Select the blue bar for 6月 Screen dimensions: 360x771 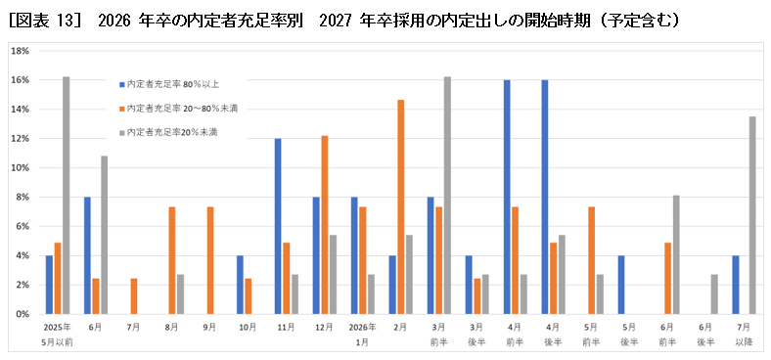coord(87,255)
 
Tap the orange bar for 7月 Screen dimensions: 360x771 coord(134,296)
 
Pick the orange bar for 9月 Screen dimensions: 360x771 coord(210,260)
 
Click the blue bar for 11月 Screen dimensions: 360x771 coord(278,226)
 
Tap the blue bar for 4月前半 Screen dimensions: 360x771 coord(507,197)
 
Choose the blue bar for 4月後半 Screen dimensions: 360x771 coord(545,197)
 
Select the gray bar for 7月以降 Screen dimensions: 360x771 coord(753,215)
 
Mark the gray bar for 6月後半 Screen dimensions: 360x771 coord(715,294)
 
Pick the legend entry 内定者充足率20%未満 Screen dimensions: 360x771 coord(171,131)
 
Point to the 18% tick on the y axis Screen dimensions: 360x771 coord(21,50)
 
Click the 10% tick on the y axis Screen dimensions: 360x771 coord(21,167)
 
